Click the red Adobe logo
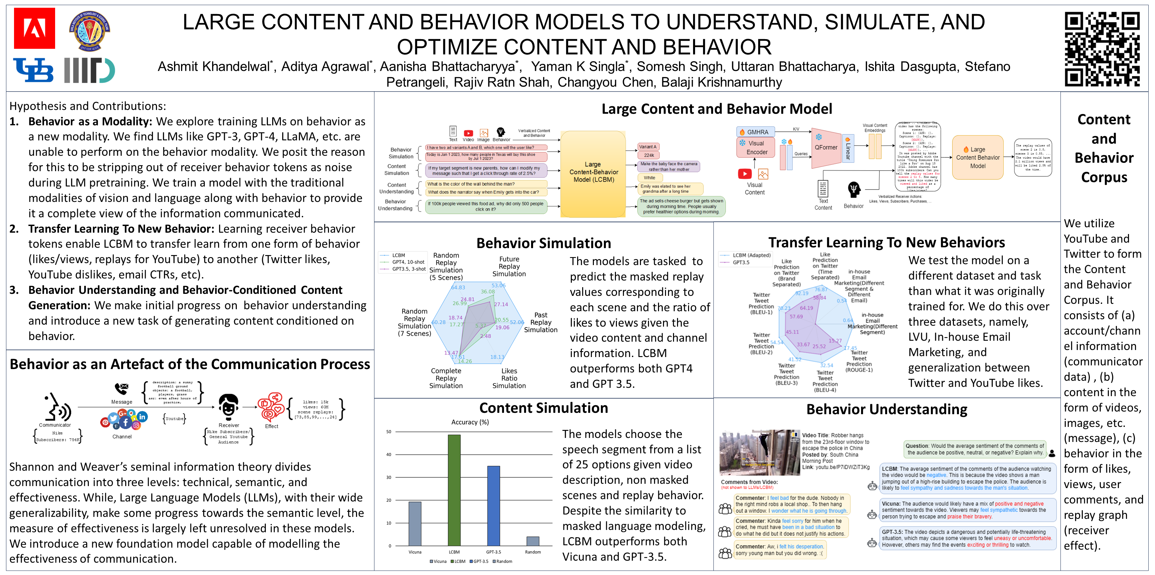point(34,28)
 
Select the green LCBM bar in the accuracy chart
point(454,490)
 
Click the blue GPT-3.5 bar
point(493,505)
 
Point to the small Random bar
point(533,541)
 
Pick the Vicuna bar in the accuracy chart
point(415,524)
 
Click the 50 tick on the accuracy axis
point(389,432)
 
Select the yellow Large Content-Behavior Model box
point(593,172)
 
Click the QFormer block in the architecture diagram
point(826,147)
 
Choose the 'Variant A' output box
point(647,147)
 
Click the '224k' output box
point(649,155)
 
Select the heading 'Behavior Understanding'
point(886,410)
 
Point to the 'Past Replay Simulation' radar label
point(541,322)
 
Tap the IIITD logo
point(89,71)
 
